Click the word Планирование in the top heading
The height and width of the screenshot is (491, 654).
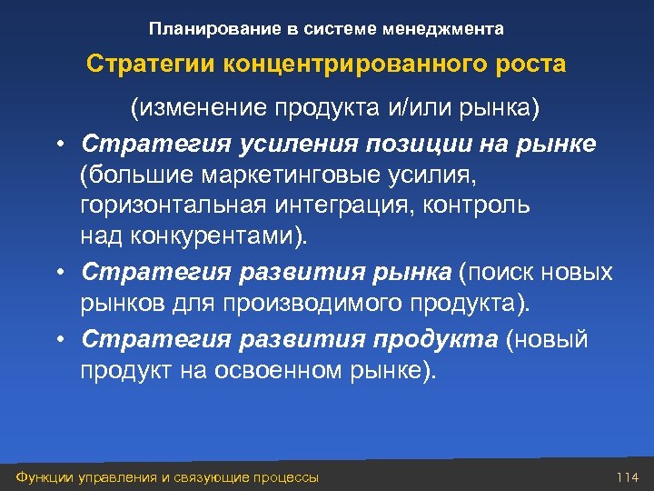tap(203, 29)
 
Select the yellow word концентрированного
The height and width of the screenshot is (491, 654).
tap(346, 65)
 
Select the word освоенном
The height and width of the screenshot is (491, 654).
tap(299, 370)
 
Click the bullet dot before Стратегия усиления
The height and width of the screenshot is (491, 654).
tap(57, 145)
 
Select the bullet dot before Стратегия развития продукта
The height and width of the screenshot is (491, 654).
tap(57, 340)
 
